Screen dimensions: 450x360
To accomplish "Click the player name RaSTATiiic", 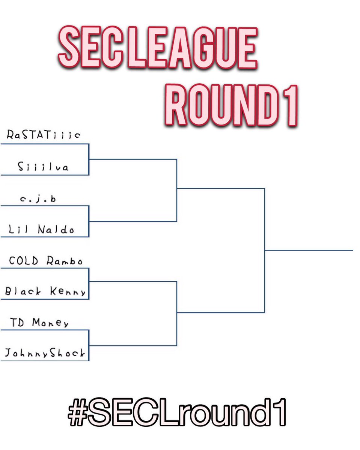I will point(43,135).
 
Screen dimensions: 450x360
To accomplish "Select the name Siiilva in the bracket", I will point(43,167).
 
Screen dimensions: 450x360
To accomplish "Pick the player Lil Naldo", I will point(42,229).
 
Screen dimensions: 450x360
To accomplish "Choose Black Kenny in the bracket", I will point(45,292).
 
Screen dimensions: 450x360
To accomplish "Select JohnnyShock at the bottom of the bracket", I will point(45,353).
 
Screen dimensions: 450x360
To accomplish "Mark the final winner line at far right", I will point(309,250).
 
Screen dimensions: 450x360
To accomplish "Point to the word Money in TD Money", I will point(50,323).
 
